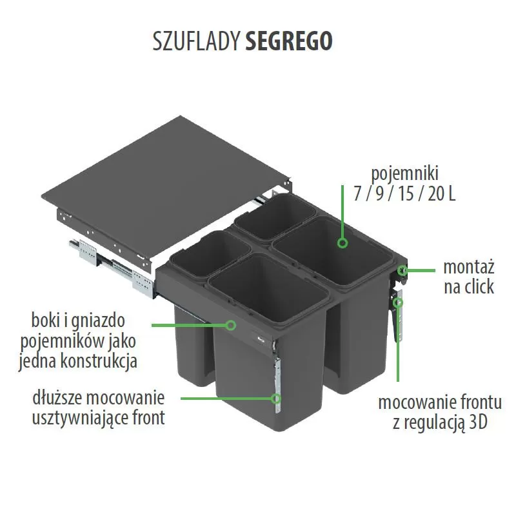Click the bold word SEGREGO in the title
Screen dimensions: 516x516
289,41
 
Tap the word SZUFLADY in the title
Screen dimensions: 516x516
196,41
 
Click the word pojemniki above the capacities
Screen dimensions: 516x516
405,174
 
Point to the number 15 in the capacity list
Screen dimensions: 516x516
406,193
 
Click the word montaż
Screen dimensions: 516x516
469,267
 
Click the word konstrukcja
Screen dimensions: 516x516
99,361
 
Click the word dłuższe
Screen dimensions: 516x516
57,398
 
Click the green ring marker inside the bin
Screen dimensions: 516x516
342,243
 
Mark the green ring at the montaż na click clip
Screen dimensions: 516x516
402,270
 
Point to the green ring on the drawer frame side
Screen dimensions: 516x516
232,325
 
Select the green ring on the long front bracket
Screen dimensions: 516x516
276,399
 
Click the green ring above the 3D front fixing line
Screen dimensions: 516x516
398,302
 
